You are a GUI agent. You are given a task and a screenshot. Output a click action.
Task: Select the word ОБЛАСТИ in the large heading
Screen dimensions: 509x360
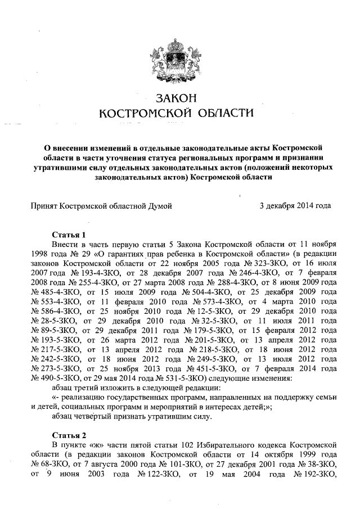pos(224,114)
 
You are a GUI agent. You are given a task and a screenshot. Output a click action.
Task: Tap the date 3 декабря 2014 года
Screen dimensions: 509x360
pos(295,206)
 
